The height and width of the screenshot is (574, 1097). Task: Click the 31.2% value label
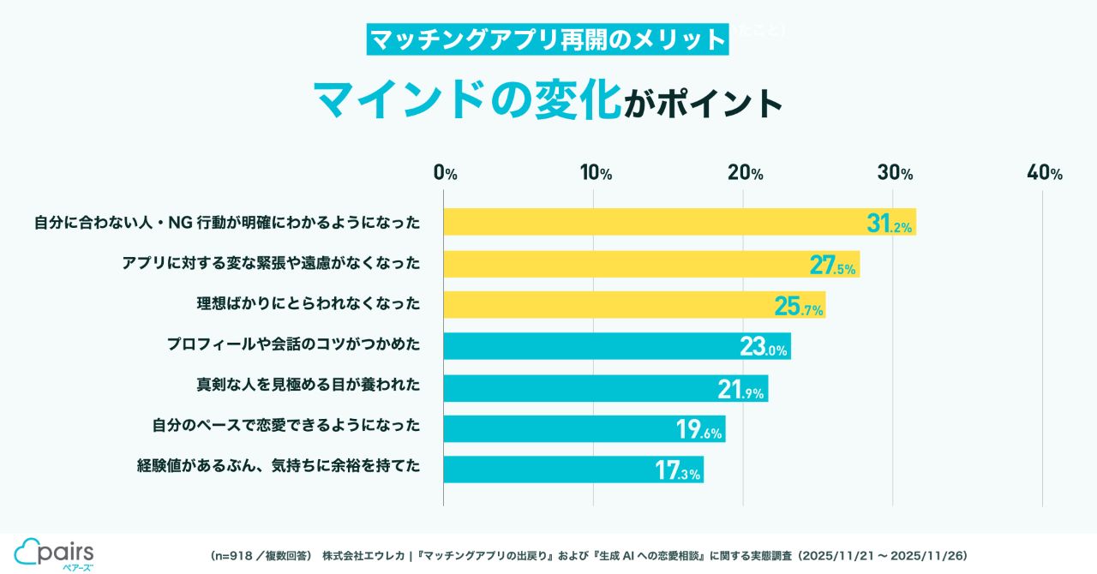coord(890,224)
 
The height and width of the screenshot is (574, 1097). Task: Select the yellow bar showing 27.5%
coord(651,264)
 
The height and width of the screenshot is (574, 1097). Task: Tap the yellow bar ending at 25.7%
coord(634,304)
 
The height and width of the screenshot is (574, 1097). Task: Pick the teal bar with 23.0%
coord(617,345)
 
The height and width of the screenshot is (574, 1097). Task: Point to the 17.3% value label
coord(678,470)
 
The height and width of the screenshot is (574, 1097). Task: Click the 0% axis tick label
coord(445,173)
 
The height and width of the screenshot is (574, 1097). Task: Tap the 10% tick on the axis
coord(595,173)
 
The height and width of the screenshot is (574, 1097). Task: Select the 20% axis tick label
coord(745,173)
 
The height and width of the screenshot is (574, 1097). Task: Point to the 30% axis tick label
coord(896,173)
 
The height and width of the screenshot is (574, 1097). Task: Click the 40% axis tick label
coord(1045,173)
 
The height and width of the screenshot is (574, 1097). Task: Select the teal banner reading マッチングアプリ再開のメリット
coord(547,39)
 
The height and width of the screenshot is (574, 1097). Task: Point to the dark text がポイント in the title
coord(703,103)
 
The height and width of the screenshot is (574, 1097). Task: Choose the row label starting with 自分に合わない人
coord(227,223)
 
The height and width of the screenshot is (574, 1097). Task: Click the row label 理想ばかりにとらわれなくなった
coord(309,304)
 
